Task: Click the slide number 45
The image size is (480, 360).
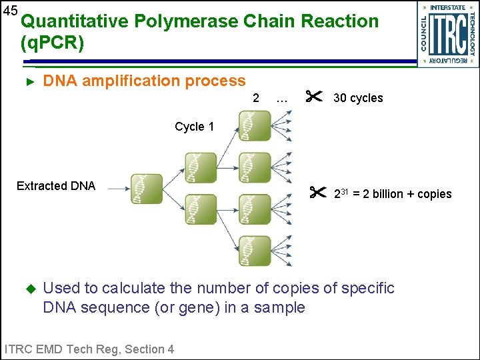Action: [x=9, y=10]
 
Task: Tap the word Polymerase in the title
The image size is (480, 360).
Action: [x=187, y=21]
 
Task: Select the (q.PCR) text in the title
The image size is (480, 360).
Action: [x=53, y=44]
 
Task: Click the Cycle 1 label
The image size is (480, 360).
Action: [x=194, y=127]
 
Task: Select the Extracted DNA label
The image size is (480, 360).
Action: [x=56, y=186]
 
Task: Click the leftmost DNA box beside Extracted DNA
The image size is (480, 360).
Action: [x=147, y=189]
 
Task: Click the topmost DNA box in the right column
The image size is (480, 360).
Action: [x=255, y=125]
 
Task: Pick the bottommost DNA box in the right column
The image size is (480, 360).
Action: [x=255, y=251]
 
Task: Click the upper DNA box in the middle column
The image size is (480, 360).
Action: [x=201, y=167]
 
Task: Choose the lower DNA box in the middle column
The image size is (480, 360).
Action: [x=201, y=209]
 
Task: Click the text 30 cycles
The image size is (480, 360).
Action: [x=358, y=99]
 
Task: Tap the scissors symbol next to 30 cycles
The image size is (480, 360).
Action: [x=313, y=97]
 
